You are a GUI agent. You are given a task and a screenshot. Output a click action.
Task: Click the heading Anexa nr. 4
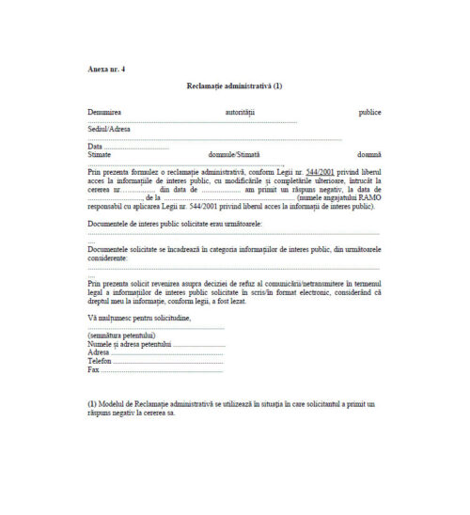click(105, 70)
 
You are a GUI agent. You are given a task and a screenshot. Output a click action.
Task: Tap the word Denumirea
click(104, 112)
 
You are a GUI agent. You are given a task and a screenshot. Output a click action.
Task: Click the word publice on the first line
click(369, 112)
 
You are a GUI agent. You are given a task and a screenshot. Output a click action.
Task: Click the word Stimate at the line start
click(99, 154)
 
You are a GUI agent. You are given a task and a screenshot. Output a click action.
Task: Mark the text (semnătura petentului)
click(122, 336)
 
